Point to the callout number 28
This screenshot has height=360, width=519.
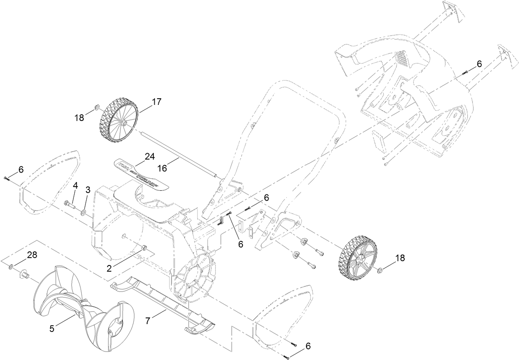32,255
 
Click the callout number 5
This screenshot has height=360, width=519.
52,329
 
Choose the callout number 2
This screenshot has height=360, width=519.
109,268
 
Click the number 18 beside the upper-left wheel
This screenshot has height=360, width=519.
79,118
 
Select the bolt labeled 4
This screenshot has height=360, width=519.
69,203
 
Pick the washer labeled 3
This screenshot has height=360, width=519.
84,212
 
